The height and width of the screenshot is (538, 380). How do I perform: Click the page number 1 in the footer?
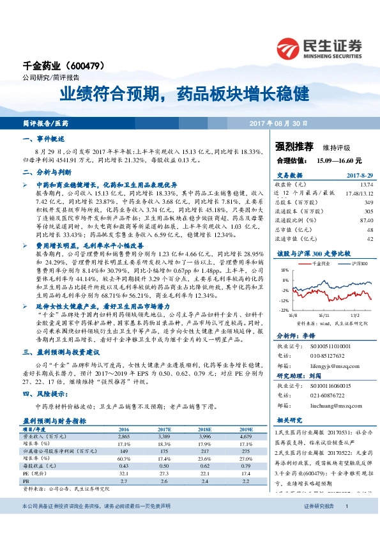click(346, 505)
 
